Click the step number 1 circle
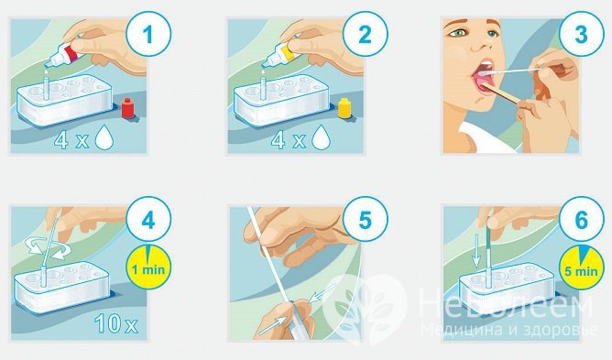148,35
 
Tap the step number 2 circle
366,35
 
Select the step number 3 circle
581,35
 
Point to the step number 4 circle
148,220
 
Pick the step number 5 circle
366,220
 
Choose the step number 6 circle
581,220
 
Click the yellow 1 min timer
148,267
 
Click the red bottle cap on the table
127,108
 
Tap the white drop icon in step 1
104,136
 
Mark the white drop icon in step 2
322,136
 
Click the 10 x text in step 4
116,323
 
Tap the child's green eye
455,34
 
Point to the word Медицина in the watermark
460,330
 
